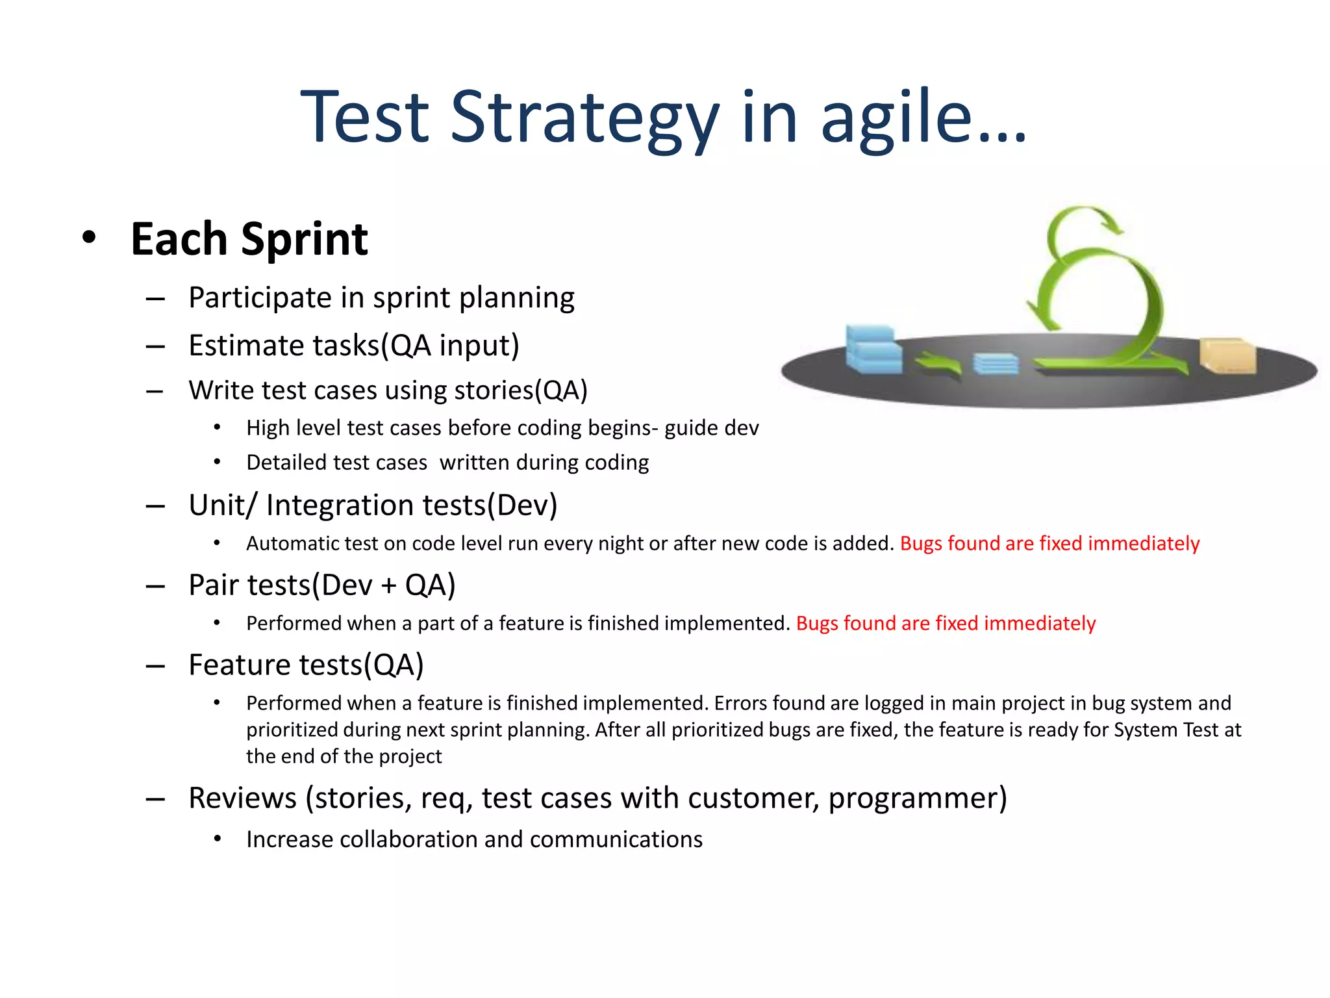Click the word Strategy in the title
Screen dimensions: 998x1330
pyautogui.click(x=584, y=118)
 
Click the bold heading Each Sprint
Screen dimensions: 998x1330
pyautogui.click(x=249, y=240)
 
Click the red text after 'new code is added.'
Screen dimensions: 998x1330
pyautogui.click(x=1049, y=544)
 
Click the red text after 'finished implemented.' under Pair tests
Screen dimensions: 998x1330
pyautogui.click(x=946, y=624)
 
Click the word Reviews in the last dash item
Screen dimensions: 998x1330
pyautogui.click(x=242, y=799)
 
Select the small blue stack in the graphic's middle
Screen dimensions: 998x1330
pyautogui.click(x=995, y=364)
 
